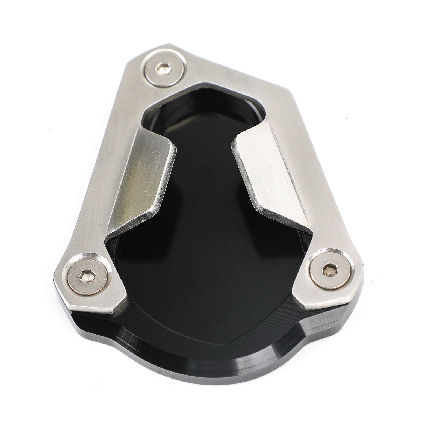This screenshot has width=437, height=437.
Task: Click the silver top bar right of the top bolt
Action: pyautogui.click(x=218, y=71)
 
